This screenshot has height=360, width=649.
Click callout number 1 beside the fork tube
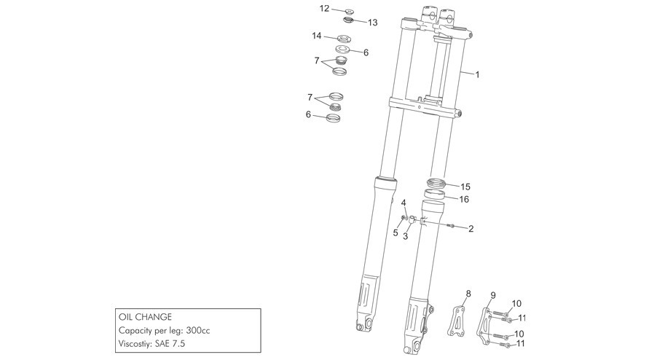point(477,74)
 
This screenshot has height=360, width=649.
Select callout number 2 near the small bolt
point(471,228)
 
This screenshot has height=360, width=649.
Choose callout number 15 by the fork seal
point(465,187)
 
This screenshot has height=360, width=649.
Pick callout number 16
point(464,199)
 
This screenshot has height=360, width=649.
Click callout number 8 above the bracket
point(468,294)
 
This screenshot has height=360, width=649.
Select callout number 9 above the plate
point(492,295)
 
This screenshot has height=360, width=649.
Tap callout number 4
point(404,203)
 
